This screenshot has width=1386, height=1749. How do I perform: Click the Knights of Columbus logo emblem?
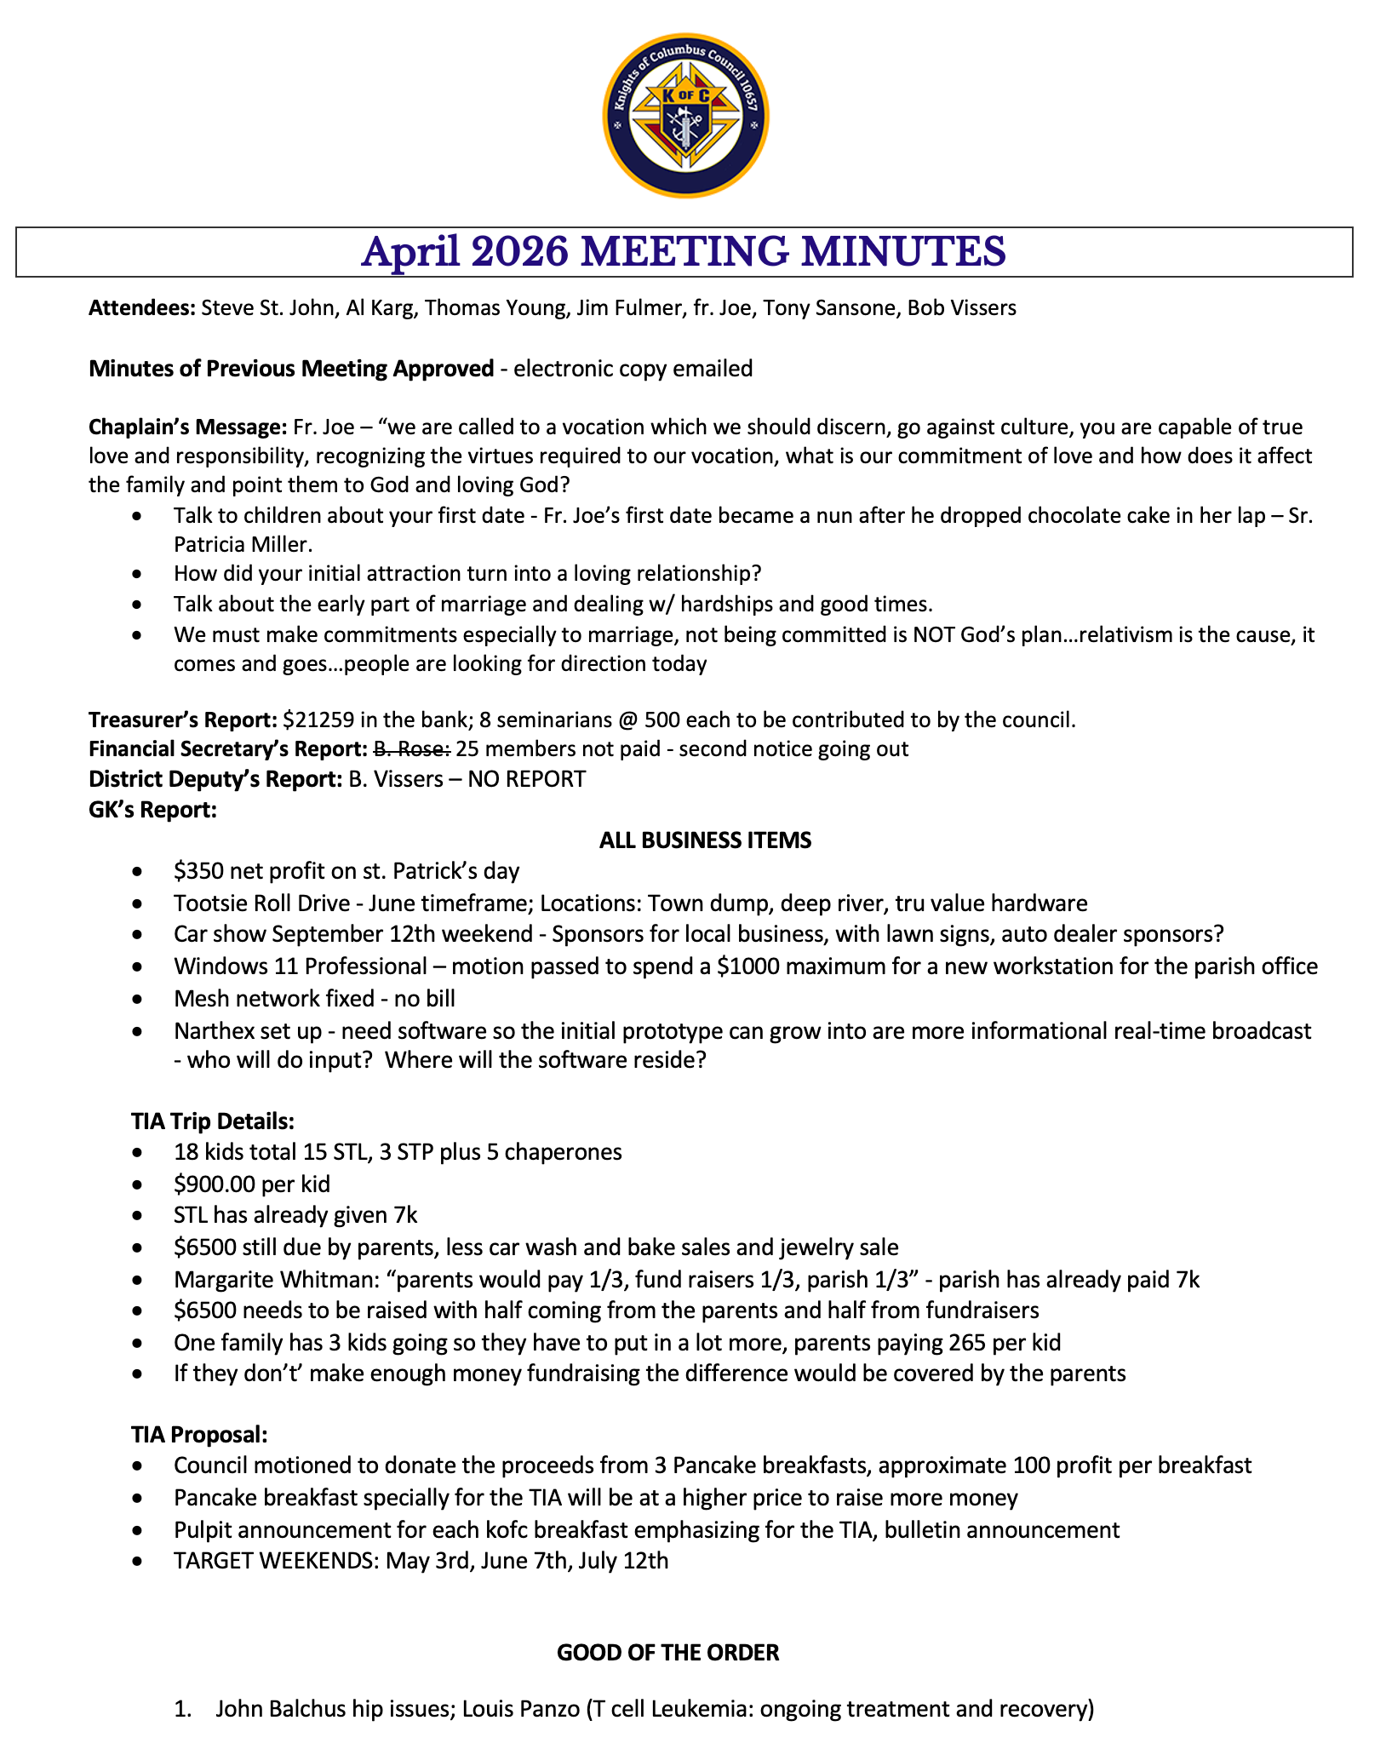pos(685,116)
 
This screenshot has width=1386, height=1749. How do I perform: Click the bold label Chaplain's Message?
pos(187,426)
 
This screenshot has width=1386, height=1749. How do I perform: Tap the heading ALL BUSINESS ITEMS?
pos(705,840)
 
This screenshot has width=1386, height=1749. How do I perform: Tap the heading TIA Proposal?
pos(199,1434)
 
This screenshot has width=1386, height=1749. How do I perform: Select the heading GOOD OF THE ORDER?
pos(667,1653)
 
